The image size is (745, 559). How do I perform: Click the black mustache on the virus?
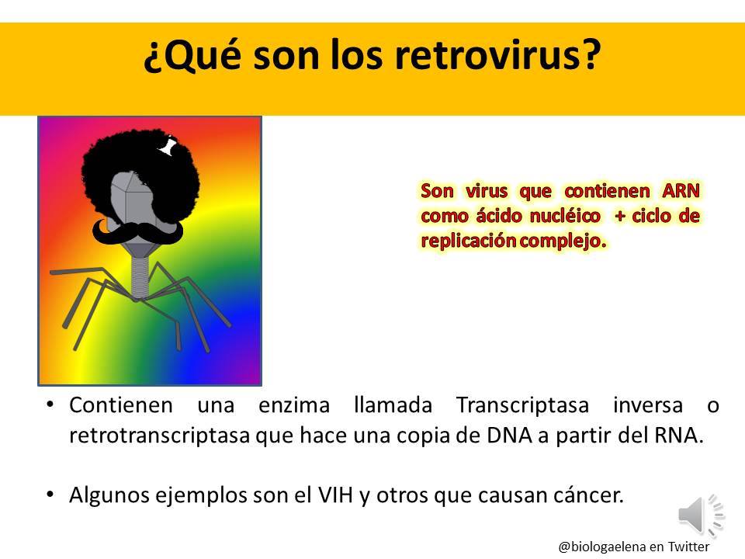(x=139, y=231)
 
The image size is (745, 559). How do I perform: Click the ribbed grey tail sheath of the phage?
(x=140, y=276)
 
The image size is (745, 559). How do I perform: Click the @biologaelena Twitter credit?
(x=633, y=546)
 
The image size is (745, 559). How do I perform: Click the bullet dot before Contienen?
(x=50, y=406)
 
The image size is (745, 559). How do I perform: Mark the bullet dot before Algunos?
(x=50, y=495)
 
